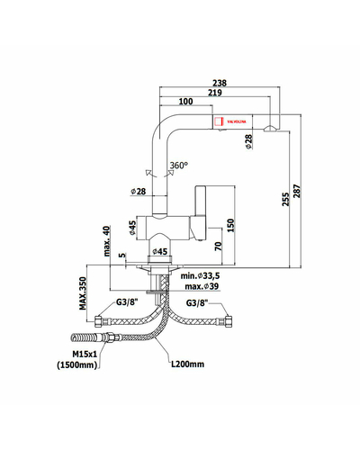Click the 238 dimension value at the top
point(220,83)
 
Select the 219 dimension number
point(215,93)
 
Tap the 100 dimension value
point(185,102)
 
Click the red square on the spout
point(220,121)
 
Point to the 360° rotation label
point(179,166)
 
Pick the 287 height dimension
point(296,191)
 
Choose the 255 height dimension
point(286,199)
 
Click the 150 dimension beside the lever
point(230,225)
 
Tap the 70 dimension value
point(219,246)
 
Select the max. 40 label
point(107,241)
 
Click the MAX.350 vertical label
point(83,293)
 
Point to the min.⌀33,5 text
point(200,275)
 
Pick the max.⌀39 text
point(202,286)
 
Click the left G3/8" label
point(127,302)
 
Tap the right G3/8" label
point(197,302)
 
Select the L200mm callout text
point(188,364)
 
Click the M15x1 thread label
point(85,355)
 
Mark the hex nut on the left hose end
point(99,321)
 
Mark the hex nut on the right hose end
point(229,320)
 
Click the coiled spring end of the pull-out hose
point(83,337)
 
